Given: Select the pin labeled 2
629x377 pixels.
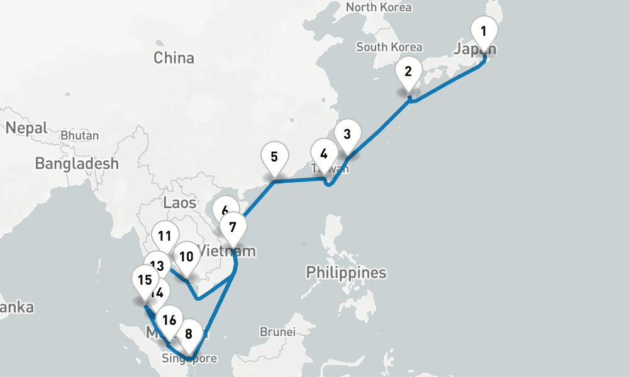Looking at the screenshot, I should pyautogui.click(x=408, y=72).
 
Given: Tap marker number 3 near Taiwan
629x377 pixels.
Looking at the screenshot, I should pyautogui.click(x=347, y=134).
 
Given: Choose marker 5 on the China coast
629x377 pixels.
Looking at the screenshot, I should pyautogui.click(x=274, y=157).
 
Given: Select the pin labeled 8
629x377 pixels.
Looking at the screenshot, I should pyautogui.click(x=188, y=332).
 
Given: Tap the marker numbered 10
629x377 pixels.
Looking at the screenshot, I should pyautogui.click(x=186, y=257).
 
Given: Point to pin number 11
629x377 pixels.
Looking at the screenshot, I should pyautogui.click(x=165, y=237).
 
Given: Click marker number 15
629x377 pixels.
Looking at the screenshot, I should pyautogui.click(x=144, y=280).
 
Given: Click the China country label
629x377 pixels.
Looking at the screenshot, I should pyautogui.click(x=174, y=58).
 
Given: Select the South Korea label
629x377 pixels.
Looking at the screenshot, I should pyautogui.click(x=389, y=47).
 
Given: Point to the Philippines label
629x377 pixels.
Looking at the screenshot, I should pyautogui.click(x=346, y=273).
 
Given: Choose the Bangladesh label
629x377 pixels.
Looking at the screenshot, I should pyautogui.click(x=77, y=164).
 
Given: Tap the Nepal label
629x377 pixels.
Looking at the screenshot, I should pyautogui.click(x=26, y=128).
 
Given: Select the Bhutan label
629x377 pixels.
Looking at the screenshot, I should pyautogui.click(x=80, y=136).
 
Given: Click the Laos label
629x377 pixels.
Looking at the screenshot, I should pyautogui.click(x=180, y=202).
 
